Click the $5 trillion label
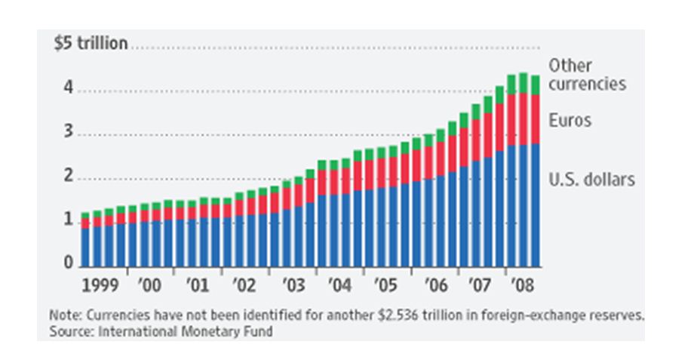tap(91, 44)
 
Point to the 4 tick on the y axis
tap(68, 89)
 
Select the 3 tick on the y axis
tap(68, 134)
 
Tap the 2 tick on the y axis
tap(68, 177)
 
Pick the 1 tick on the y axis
tap(68, 221)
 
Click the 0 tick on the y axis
tap(68, 263)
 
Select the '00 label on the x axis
tap(149, 287)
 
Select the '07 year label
tap(482, 287)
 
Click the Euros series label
tap(570, 121)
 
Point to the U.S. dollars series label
tap(592, 180)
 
